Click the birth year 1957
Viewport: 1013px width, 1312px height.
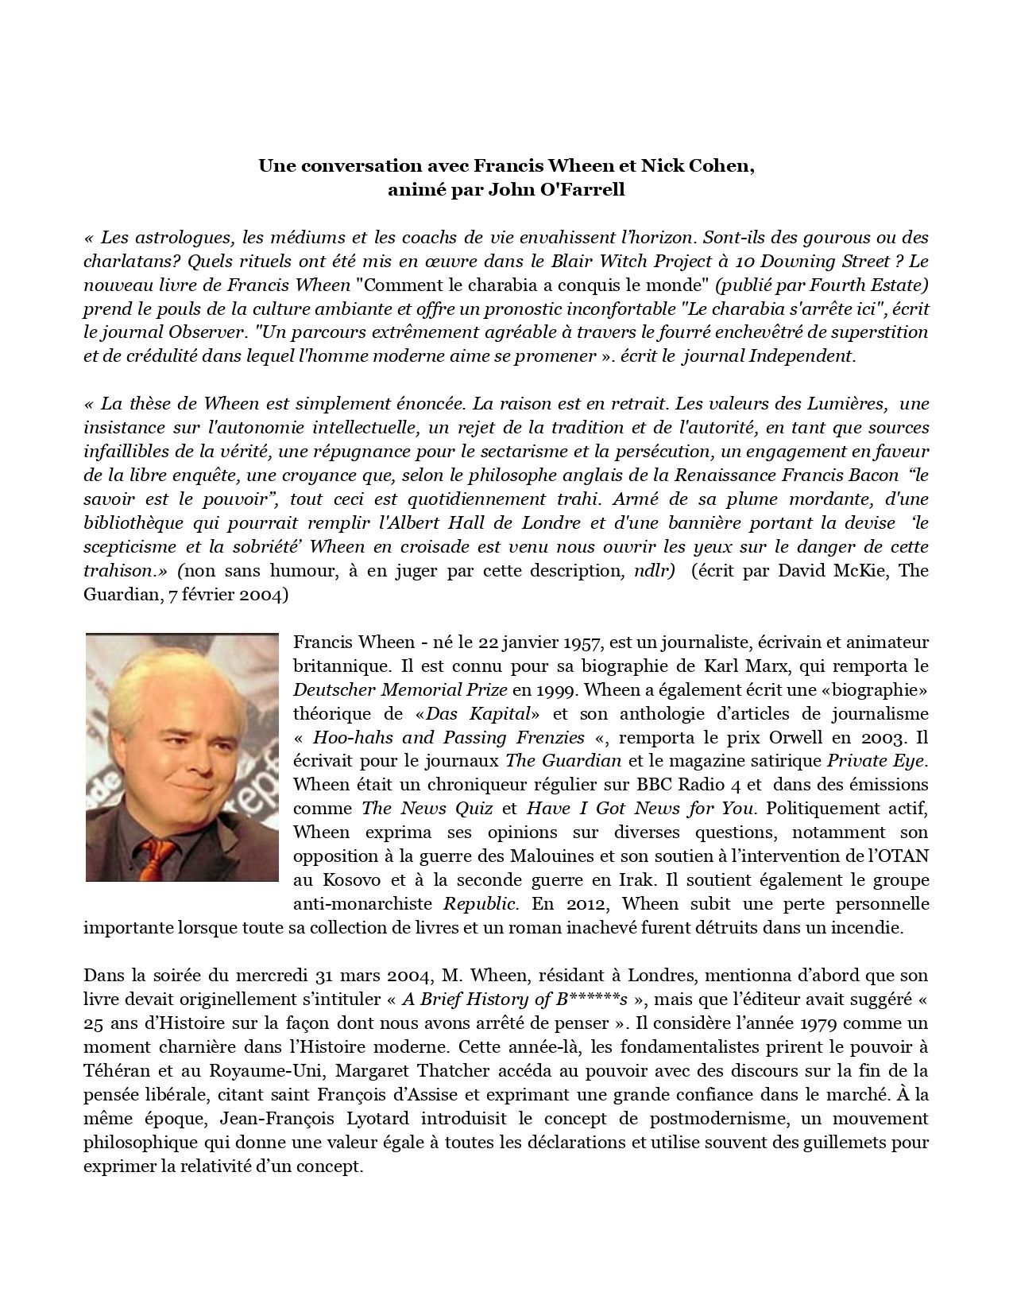click(584, 642)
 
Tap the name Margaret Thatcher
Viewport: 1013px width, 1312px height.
click(412, 1070)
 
